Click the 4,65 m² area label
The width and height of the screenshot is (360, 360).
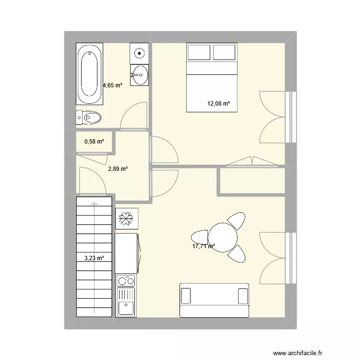point(112,85)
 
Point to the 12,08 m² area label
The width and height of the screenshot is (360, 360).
point(218,103)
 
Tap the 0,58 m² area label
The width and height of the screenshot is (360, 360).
point(94,142)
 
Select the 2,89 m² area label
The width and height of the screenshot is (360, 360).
point(118,168)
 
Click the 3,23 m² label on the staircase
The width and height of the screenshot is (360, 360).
point(94,258)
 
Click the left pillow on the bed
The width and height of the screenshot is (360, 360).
point(198,52)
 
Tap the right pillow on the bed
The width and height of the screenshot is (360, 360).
point(224,52)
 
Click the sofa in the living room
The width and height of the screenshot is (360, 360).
point(214,300)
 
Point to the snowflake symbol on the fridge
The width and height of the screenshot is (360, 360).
point(127,219)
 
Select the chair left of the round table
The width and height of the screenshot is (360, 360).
point(200,237)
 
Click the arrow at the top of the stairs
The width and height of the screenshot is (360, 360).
point(95,202)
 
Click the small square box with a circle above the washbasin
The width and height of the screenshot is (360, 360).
point(139,52)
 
